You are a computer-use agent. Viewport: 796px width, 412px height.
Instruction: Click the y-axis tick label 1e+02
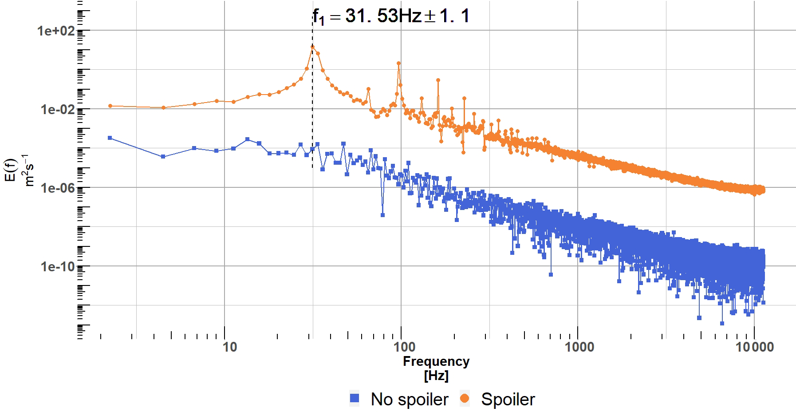[57, 31]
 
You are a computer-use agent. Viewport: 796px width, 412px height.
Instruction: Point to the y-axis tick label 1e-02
[57, 109]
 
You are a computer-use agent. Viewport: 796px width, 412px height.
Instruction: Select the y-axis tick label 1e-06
[57, 188]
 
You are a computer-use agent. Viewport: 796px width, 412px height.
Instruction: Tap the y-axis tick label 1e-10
[57, 266]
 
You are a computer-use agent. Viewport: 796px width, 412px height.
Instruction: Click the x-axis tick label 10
[229, 347]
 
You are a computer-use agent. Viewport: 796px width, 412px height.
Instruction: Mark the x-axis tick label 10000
[755, 347]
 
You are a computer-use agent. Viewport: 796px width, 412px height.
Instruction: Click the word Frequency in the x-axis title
[436, 362]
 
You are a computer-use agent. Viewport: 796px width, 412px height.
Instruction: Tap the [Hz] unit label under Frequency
[436, 376]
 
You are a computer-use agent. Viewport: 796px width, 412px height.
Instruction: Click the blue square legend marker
[355, 399]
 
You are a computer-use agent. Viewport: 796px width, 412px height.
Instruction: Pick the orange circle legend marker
[464, 399]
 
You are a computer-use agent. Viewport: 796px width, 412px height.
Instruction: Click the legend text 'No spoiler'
[410, 400]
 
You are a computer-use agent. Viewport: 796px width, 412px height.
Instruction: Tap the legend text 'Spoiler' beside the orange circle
[508, 400]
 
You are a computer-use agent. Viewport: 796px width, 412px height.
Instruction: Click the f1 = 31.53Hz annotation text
[390, 17]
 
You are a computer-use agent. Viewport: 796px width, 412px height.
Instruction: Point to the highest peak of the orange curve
[312, 47]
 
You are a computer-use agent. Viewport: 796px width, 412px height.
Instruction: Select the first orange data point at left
[110, 106]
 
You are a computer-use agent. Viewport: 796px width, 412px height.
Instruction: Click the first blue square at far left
[110, 138]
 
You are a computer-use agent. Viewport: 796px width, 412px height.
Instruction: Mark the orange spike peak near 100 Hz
[398, 63]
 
